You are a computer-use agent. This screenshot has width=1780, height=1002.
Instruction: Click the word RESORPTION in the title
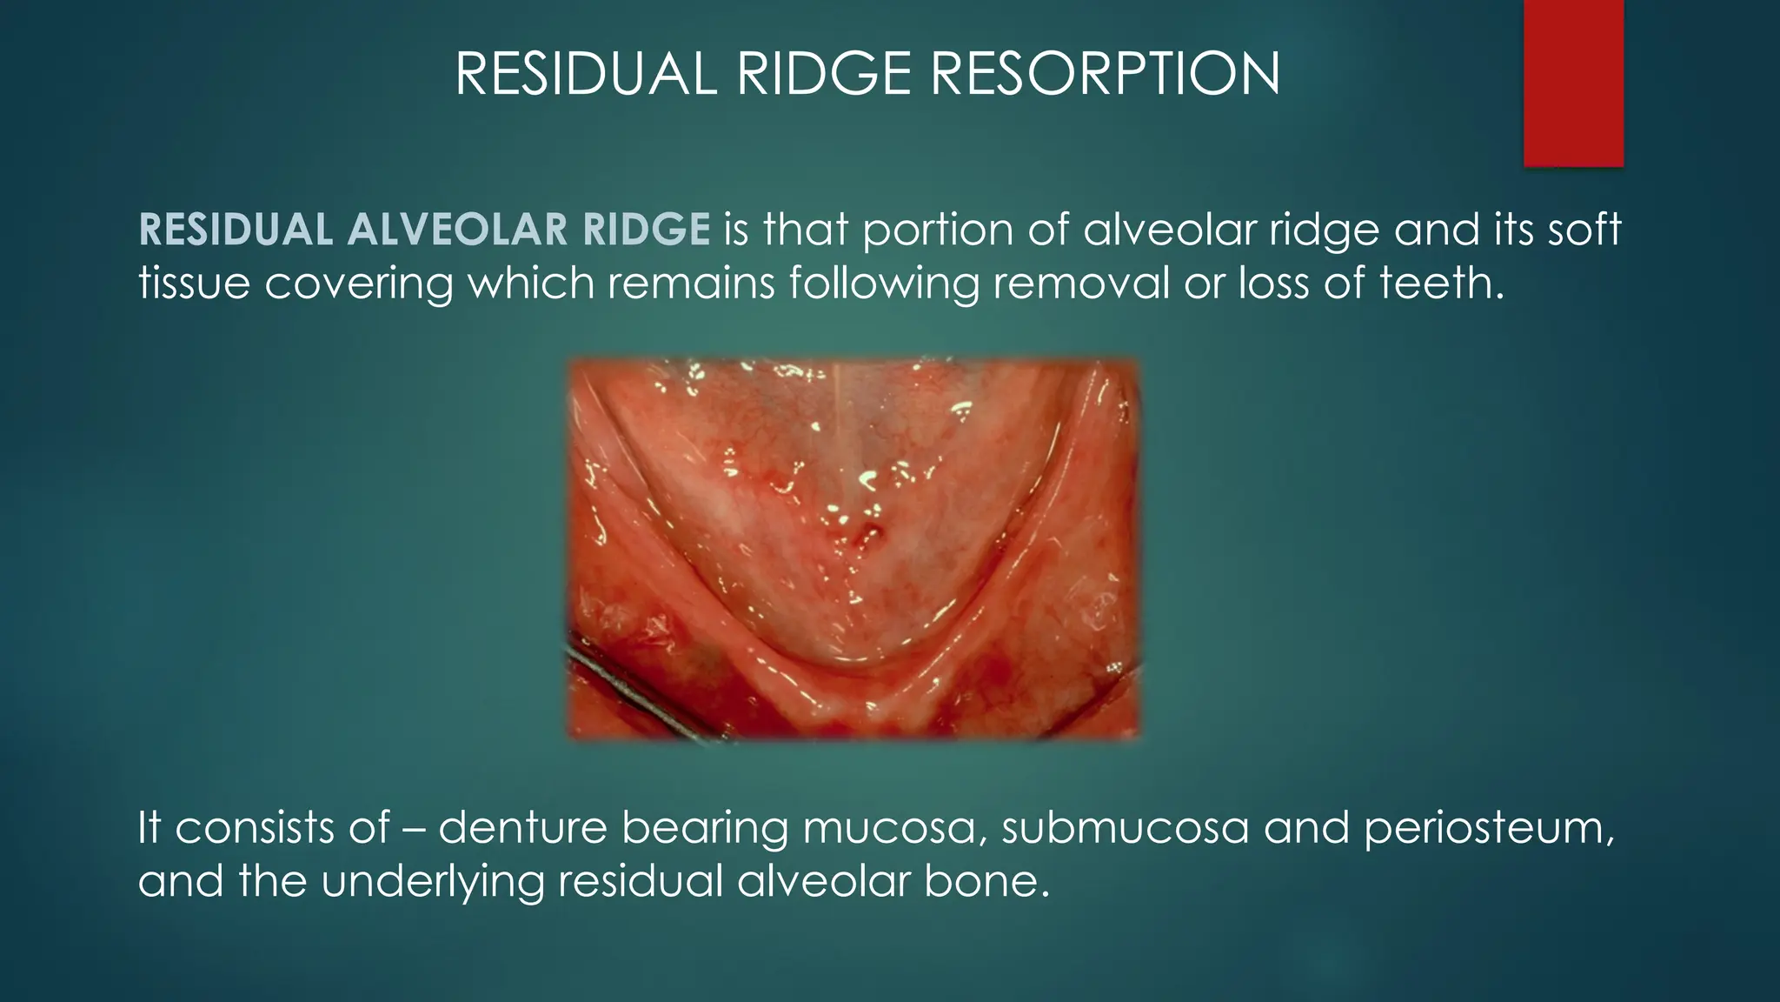(1105, 74)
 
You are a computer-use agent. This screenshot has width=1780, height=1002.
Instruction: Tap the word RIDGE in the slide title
(827, 74)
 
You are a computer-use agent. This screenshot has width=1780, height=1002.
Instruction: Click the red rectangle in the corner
(1573, 83)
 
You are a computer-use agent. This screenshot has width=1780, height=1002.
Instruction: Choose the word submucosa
(1125, 826)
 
